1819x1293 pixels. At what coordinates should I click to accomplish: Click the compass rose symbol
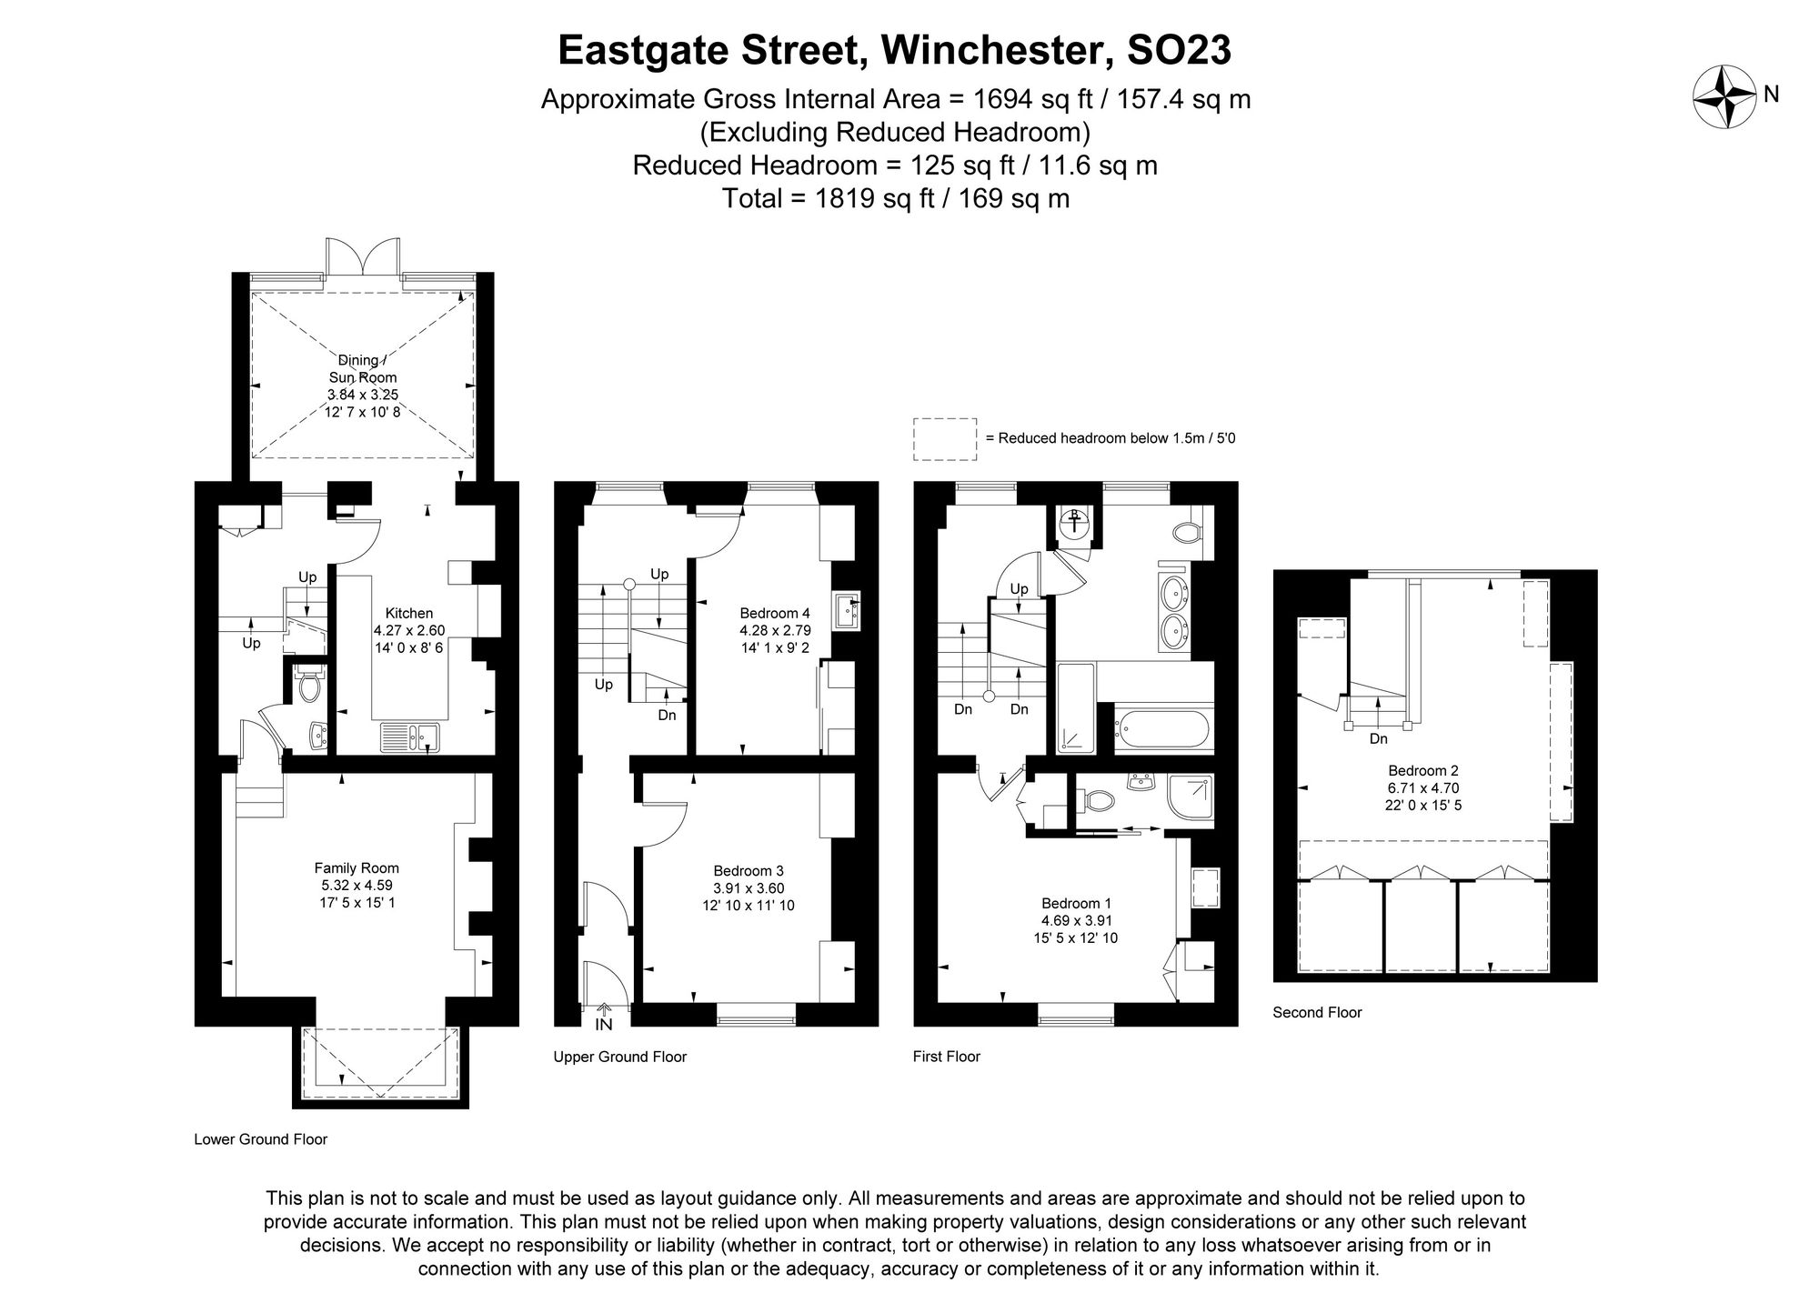(1724, 95)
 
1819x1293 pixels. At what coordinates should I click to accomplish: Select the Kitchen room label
(408, 614)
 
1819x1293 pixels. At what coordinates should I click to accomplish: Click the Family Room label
(357, 868)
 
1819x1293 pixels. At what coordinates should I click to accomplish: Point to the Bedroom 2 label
(1422, 771)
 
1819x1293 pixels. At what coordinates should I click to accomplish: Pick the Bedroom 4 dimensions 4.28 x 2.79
(775, 630)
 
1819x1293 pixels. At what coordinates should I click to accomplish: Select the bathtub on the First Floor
(1164, 728)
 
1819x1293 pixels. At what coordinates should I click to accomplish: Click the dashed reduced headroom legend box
(944, 438)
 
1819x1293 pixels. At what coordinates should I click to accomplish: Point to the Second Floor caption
(1317, 1012)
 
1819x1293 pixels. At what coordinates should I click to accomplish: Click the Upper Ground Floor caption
(619, 1057)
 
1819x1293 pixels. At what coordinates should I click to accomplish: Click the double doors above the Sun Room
(363, 257)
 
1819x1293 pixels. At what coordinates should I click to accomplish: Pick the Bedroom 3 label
(748, 870)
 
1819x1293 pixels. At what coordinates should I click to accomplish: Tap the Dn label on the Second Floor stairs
(1378, 739)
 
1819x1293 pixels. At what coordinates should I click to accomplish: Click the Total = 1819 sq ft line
(895, 198)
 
